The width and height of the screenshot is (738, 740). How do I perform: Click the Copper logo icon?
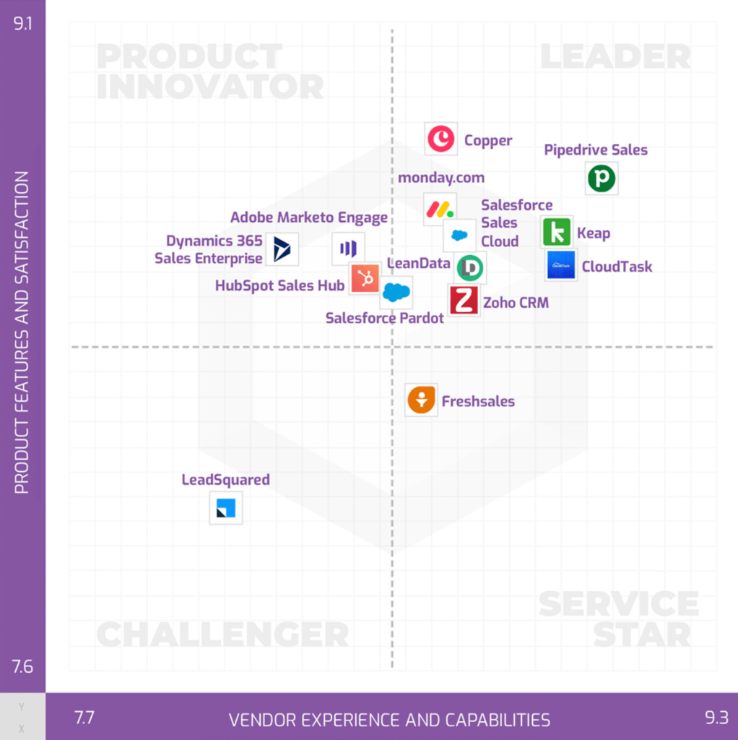pyautogui.click(x=441, y=139)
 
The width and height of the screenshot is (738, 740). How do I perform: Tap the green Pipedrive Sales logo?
pyautogui.click(x=602, y=178)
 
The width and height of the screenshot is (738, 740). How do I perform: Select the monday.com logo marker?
pyautogui.click(x=440, y=209)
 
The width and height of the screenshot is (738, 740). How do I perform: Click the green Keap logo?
pyautogui.click(x=557, y=232)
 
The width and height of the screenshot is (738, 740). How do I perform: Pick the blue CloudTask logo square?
pyautogui.click(x=560, y=265)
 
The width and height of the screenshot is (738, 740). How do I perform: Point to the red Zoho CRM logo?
pyautogui.click(x=464, y=300)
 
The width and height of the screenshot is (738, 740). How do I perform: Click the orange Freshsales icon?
pyautogui.click(x=421, y=400)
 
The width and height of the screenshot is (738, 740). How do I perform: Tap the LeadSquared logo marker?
pyautogui.click(x=226, y=508)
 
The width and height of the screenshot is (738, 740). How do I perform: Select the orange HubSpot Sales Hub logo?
pyautogui.click(x=365, y=278)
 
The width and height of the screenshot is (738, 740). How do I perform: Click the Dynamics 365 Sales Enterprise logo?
pyautogui.click(x=282, y=249)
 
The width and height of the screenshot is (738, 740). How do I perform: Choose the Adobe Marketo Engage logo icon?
pyautogui.click(x=348, y=249)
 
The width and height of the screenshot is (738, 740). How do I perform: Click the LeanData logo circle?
pyautogui.click(x=470, y=267)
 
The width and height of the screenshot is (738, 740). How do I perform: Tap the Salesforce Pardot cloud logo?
pyautogui.click(x=396, y=292)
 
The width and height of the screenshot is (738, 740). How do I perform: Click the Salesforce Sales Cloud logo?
pyautogui.click(x=459, y=235)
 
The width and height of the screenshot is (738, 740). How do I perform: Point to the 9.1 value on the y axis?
pyautogui.click(x=22, y=24)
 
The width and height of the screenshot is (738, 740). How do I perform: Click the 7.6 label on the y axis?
pyautogui.click(x=22, y=666)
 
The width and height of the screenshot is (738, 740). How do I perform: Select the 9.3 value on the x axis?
pyautogui.click(x=716, y=718)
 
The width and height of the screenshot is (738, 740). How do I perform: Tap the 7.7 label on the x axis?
pyautogui.click(x=85, y=718)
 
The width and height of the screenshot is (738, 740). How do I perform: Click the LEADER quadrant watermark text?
pyautogui.click(x=615, y=56)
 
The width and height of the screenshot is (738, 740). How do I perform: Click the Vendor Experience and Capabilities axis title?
pyautogui.click(x=389, y=720)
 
